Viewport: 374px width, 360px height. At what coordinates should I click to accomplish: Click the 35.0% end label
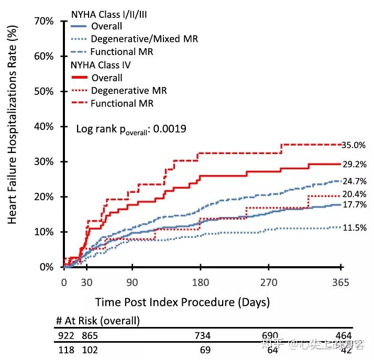tap(354, 145)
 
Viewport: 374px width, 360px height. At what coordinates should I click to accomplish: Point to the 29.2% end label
tap(354, 164)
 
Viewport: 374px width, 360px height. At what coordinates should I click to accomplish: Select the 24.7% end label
tap(354, 182)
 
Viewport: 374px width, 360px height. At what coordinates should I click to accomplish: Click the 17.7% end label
tap(354, 205)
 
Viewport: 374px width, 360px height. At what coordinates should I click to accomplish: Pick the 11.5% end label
tap(354, 228)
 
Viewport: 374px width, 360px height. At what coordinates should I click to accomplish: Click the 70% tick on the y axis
tap(43, 21)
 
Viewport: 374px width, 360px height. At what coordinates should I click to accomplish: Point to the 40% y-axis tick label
tap(43, 127)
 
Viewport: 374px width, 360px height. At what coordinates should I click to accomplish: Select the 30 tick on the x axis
tap(86, 283)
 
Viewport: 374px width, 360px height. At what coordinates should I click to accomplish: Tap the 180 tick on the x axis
tap(201, 283)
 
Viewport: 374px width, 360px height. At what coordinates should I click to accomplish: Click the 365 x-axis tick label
tap(340, 283)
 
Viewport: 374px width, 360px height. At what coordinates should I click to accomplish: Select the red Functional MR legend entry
tap(122, 103)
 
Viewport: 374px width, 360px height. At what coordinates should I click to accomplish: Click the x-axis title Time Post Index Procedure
tap(183, 302)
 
